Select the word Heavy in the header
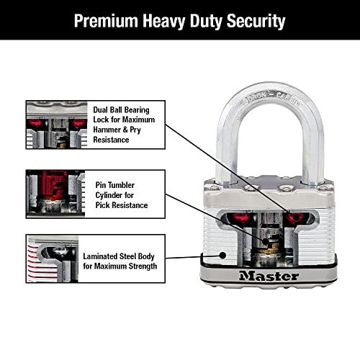click(x=164, y=21)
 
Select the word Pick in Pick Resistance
click(x=104, y=205)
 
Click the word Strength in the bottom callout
click(x=139, y=266)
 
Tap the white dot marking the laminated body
click(x=222, y=254)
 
